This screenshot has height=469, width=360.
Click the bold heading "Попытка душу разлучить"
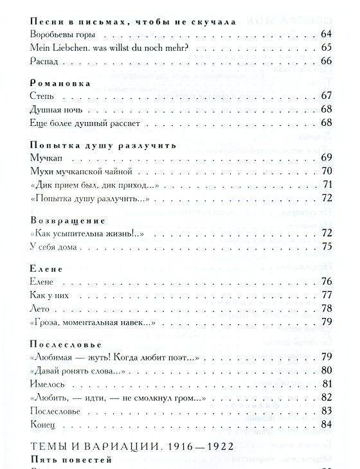coord(94,145)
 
